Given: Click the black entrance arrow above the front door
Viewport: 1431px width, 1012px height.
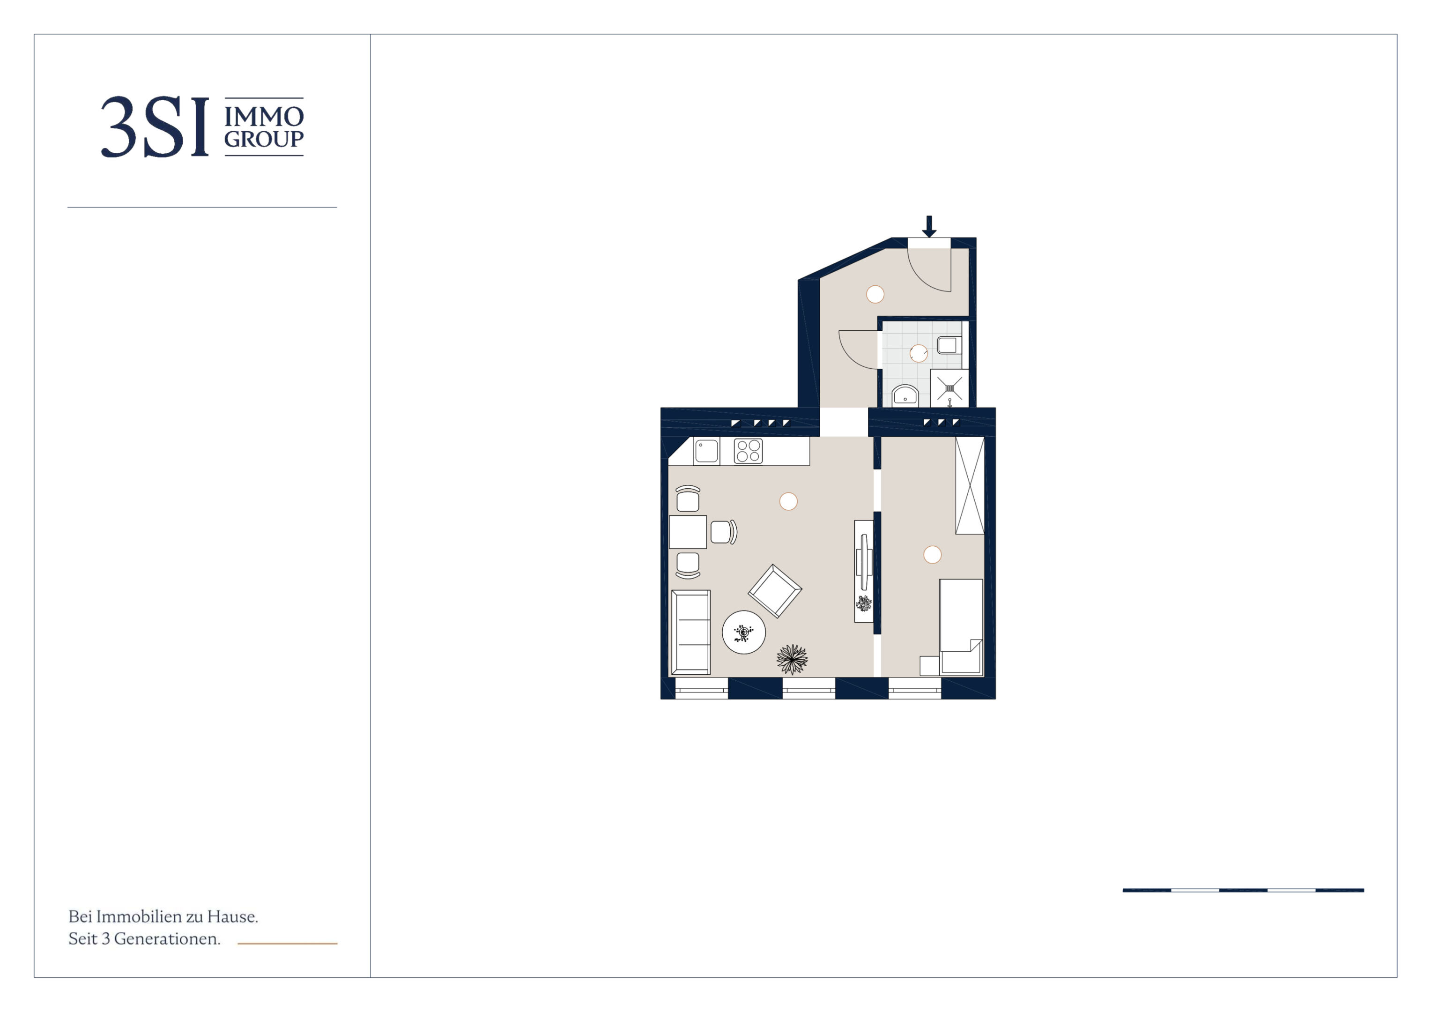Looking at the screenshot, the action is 929,226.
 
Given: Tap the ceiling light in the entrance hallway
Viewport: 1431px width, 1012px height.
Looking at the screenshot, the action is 875,294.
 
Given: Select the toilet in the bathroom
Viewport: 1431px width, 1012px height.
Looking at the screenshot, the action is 949,345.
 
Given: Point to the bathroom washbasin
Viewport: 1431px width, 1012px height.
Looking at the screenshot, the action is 905,395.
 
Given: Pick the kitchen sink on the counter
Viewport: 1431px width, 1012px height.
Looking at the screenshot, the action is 706,451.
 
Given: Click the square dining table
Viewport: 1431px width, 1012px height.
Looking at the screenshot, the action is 688,532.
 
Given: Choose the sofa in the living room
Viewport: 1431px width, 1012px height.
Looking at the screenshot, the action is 690,632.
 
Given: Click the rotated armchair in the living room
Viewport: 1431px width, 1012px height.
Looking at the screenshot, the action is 775,591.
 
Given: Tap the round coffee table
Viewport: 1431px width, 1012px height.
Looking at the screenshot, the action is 743,632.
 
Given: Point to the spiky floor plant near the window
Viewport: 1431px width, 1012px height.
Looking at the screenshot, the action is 792,659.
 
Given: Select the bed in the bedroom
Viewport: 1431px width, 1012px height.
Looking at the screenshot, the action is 961,627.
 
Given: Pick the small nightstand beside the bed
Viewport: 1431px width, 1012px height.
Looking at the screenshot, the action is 929,666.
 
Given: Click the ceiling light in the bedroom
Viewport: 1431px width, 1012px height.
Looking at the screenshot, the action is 933,554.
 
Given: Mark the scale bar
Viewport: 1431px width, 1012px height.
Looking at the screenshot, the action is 1243,890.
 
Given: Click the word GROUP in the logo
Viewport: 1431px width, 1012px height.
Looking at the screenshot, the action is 264,139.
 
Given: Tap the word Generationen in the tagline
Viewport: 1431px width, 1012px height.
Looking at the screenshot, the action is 167,938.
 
